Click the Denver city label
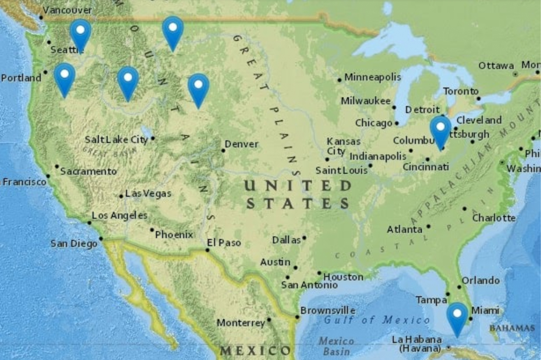pyautogui.click(x=242, y=144)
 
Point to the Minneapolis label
pyautogui.click(x=373, y=77)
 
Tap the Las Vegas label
pyautogui.click(x=148, y=193)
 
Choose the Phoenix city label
pyautogui.click(x=174, y=235)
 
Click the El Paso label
pyautogui.click(x=224, y=243)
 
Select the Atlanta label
pyautogui.click(x=404, y=230)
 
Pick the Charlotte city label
pyautogui.click(x=494, y=218)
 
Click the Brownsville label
pyautogui.click(x=328, y=311)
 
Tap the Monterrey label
pyautogui.click(x=241, y=323)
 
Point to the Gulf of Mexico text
pyautogui.click(x=377, y=320)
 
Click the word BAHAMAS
pyautogui.click(x=512, y=328)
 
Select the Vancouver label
pyautogui.click(x=67, y=10)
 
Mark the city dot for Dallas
pyautogui.click(x=304, y=238)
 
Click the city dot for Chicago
pyautogui.click(x=397, y=123)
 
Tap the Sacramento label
pyautogui.click(x=88, y=172)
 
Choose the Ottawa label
pyautogui.click(x=496, y=66)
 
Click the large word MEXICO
pyautogui.click(x=255, y=351)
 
